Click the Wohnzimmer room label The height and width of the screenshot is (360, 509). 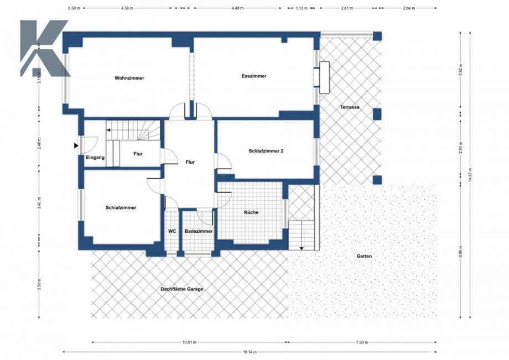129,78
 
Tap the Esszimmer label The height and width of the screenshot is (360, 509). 254,76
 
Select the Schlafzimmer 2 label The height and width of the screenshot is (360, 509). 266,150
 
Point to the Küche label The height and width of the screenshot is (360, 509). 251,212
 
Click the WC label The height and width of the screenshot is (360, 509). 172,231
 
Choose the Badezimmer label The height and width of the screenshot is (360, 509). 199,231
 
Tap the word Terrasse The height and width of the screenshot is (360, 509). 350,107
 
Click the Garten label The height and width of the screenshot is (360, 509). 364,257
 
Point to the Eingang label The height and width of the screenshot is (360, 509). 95,158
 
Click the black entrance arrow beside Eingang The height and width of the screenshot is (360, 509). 76,145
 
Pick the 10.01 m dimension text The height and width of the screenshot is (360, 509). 189,342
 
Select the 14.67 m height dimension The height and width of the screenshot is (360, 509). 470,176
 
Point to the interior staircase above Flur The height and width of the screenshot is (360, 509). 135,131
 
